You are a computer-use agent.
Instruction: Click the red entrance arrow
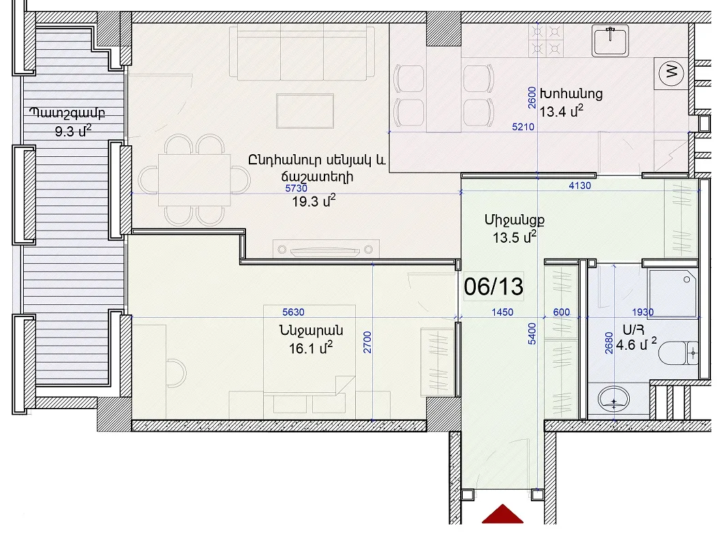pos(503,514)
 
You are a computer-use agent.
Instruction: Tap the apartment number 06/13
pos(494,286)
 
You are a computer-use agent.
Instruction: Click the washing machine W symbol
pos(671,73)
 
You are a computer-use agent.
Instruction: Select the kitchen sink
pos(611,41)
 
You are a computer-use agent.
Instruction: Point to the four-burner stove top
pos(546,40)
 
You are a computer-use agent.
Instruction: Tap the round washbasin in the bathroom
pos(613,398)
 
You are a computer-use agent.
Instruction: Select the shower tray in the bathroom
pos(673,293)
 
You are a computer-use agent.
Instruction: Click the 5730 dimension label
pos(297,188)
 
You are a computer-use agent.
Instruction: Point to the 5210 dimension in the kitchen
pos(524,127)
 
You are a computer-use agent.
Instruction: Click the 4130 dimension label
pos(580,186)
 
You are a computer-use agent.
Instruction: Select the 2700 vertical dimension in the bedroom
pos(367,342)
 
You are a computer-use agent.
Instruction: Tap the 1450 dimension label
pos(502,312)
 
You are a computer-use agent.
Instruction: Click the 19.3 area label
pos(314,201)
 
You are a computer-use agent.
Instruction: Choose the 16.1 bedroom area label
pos(311,348)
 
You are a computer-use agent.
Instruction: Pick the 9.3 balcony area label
pos(73,131)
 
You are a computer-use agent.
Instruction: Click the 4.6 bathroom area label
pos(636,344)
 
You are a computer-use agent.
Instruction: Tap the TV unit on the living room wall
pos(325,250)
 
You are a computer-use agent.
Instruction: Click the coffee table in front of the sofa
pos(305,111)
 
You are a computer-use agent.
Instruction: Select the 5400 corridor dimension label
pos(532,333)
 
